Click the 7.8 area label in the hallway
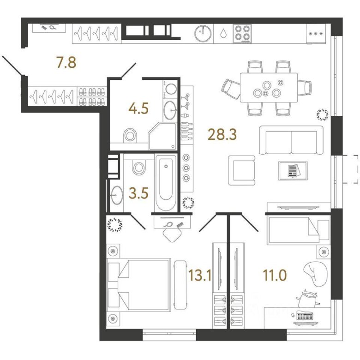(x=66, y=62)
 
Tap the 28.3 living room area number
(x=222, y=135)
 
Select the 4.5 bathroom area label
(x=138, y=108)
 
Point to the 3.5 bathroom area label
(x=138, y=193)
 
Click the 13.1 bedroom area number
(x=200, y=275)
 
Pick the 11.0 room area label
(x=275, y=275)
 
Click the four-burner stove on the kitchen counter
(x=242, y=34)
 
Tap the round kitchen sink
(x=203, y=34)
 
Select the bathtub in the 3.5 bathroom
(x=166, y=183)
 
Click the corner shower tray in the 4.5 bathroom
(x=163, y=136)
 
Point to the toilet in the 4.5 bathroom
(x=130, y=135)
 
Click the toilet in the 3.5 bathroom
(x=138, y=168)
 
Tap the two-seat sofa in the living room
(x=291, y=140)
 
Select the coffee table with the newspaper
(x=293, y=171)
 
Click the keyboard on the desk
(x=305, y=316)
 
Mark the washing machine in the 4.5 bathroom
(x=170, y=90)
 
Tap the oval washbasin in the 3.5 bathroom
(x=117, y=195)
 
